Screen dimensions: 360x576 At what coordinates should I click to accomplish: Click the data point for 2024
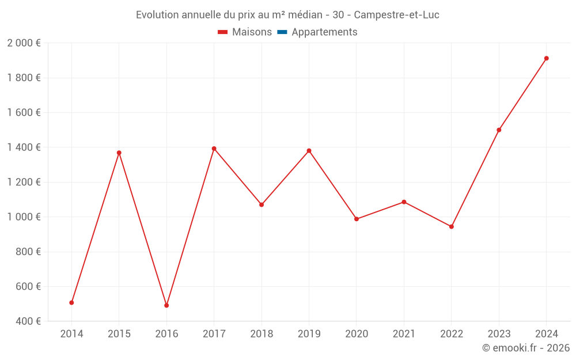click(546, 58)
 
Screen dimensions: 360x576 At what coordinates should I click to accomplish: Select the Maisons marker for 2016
click(166, 305)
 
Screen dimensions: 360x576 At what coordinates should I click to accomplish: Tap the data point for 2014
click(71, 302)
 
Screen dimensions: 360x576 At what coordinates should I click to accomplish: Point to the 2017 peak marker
click(214, 149)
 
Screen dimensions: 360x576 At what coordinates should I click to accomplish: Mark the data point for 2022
click(451, 226)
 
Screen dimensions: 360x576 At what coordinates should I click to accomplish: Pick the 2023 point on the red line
click(499, 130)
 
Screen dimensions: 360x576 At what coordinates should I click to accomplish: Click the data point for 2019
click(309, 151)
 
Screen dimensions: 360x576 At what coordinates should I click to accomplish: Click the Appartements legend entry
click(324, 32)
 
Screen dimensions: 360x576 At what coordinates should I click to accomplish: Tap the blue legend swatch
click(282, 32)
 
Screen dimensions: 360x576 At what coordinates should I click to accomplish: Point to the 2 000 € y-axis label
click(24, 43)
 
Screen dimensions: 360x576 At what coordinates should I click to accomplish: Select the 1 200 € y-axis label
click(24, 182)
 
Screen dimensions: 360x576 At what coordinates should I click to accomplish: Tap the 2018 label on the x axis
click(262, 334)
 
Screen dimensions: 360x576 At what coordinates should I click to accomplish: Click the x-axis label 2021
click(404, 334)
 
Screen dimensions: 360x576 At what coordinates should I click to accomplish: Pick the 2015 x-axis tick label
click(119, 334)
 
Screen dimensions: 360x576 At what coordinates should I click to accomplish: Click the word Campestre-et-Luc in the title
click(396, 15)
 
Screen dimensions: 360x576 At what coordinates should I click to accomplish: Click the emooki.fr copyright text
click(526, 348)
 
